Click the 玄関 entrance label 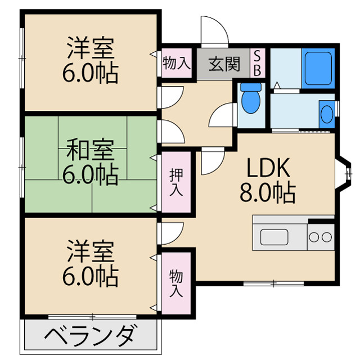(x=224, y=64)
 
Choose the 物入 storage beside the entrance (x=176, y=63)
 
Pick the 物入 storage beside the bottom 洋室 (x=176, y=284)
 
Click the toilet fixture (x=251, y=98)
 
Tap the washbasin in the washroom (x=326, y=114)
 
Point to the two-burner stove (x=321, y=237)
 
